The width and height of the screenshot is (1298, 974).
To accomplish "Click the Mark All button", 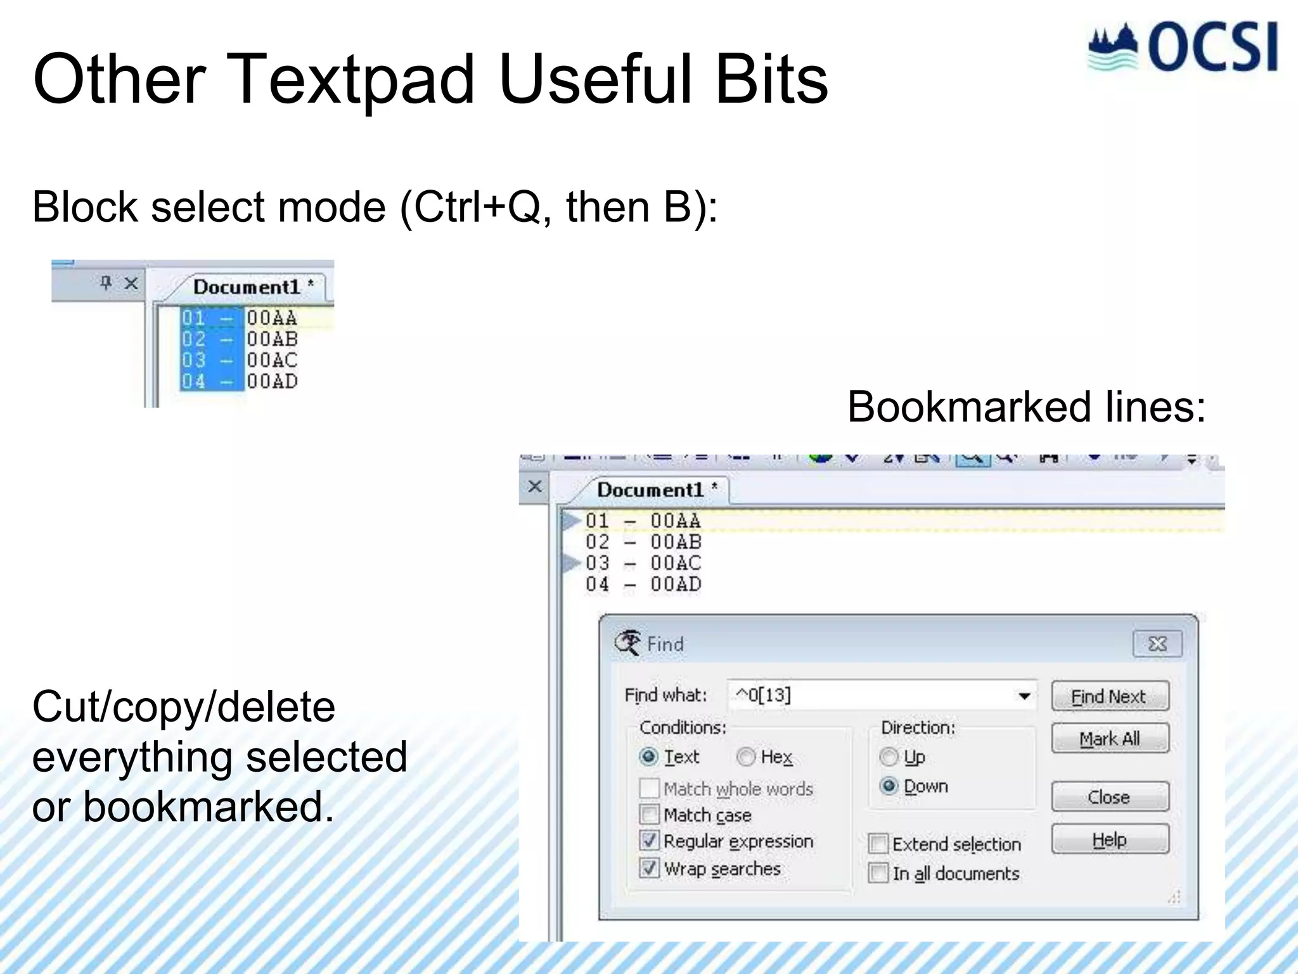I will point(1110,739).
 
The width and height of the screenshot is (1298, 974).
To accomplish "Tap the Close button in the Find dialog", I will point(1110,797).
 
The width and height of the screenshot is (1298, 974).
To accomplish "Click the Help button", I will point(1110,840).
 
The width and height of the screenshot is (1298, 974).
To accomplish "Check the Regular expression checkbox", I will point(649,841).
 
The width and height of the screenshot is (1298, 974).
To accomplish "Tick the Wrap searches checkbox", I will point(649,868).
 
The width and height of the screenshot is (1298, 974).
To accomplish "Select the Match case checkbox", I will point(649,814).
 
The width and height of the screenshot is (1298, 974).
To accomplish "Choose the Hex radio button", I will point(746,756).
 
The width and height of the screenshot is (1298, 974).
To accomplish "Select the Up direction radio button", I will point(889,756).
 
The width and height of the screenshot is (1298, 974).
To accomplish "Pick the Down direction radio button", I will point(889,786).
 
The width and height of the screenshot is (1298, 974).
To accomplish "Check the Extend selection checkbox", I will point(878,844).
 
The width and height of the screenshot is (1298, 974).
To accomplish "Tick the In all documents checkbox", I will point(878,873).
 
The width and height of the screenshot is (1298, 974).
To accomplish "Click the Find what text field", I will point(868,696).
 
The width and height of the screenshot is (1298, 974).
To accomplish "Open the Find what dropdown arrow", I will point(1024,696).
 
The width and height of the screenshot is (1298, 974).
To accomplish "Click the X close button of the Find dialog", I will point(1157,644).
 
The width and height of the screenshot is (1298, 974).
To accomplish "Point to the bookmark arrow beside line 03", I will point(571,562).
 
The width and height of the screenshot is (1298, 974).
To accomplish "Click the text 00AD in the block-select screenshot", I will point(272,381).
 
